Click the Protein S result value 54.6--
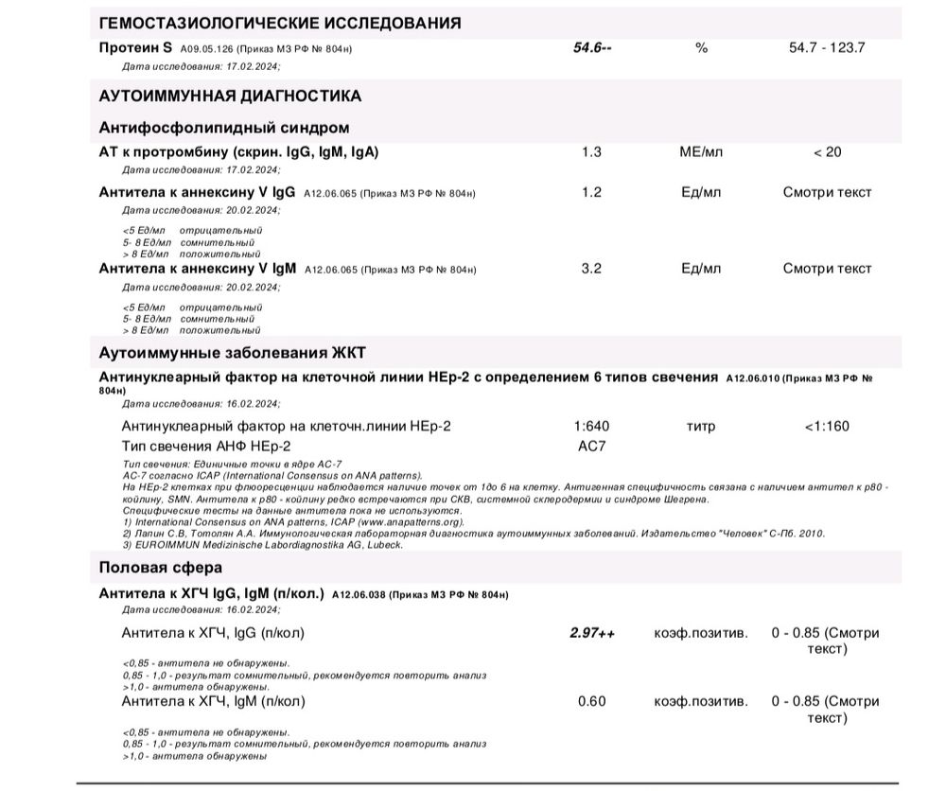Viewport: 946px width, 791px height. pos(592,47)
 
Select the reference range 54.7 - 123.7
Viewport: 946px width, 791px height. pos(826,47)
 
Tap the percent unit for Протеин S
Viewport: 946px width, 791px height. pos(701,47)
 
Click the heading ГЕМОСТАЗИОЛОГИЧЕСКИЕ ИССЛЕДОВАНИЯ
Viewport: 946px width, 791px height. pos(280,23)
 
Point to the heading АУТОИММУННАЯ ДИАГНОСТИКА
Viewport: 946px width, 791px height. pos(230,96)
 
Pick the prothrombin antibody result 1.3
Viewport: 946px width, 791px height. pos(591,151)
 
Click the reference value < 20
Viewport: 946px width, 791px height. pos(827,151)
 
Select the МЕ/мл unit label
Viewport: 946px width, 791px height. pos(701,151)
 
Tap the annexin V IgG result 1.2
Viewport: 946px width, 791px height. pos(591,192)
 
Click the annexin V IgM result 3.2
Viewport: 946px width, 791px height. pos(591,269)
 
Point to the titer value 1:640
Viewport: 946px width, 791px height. pos(592,426)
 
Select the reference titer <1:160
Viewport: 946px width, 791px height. pos(827,426)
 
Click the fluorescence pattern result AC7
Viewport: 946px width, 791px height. pos(591,446)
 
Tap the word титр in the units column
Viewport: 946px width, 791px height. pos(701,426)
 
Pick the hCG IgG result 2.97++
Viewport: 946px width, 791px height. pos(592,633)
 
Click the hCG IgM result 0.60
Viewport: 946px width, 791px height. pos(591,701)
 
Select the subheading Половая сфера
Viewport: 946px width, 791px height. pos(161,568)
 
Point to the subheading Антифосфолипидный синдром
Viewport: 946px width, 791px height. pos(224,127)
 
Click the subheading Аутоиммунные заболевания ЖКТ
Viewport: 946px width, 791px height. pos(232,353)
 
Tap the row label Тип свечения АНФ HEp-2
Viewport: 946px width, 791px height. pos(206,446)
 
